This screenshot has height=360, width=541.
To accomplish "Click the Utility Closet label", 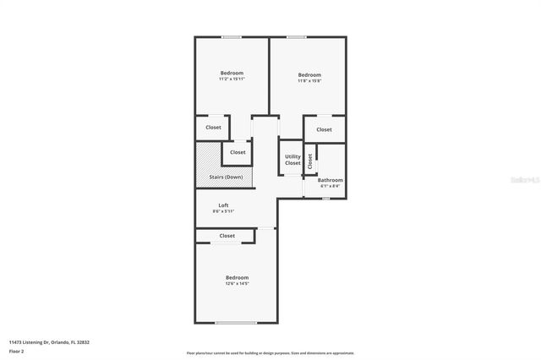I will point(292,159).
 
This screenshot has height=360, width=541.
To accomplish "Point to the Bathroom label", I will point(331,180).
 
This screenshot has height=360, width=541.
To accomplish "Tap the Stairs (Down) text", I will point(227,177).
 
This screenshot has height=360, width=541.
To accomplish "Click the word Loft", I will point(224,205).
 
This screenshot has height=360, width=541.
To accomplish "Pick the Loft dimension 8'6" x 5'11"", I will point(224,211).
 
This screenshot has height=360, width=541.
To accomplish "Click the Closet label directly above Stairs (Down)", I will point(238,153).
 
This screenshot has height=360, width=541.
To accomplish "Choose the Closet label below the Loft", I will point(227,236).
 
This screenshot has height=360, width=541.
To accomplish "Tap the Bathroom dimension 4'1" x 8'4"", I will point(331,186).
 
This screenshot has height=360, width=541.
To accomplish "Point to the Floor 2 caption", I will point(16,350).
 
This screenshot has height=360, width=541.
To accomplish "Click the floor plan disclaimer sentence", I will point(270,352).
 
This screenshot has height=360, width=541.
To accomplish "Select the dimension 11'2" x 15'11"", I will point(232,79).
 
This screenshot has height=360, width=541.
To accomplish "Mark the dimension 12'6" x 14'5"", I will point(237,284).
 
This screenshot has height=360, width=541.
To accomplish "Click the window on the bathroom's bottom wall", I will point(325,199).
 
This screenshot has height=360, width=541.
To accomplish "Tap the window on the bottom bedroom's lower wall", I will point(236,322).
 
